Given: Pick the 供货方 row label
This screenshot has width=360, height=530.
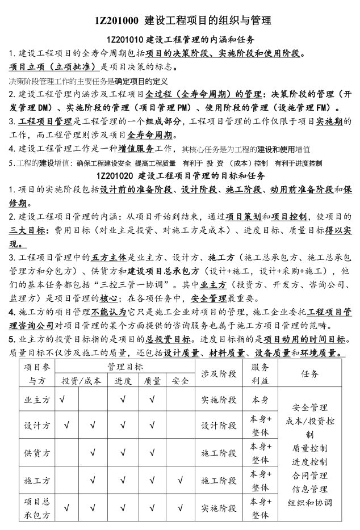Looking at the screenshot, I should click(36, 453).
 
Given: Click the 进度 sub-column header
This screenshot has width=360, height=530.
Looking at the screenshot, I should click(123, 381).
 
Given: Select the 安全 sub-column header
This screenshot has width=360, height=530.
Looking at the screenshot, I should click(180, 381).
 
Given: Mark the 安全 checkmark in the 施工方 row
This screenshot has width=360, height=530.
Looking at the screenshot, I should click(180, 481).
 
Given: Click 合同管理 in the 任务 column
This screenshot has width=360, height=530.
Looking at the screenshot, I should click(309, 476).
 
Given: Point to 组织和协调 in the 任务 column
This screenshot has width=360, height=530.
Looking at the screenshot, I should click(309, 502).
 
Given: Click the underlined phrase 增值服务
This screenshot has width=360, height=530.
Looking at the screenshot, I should click(136, 149).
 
